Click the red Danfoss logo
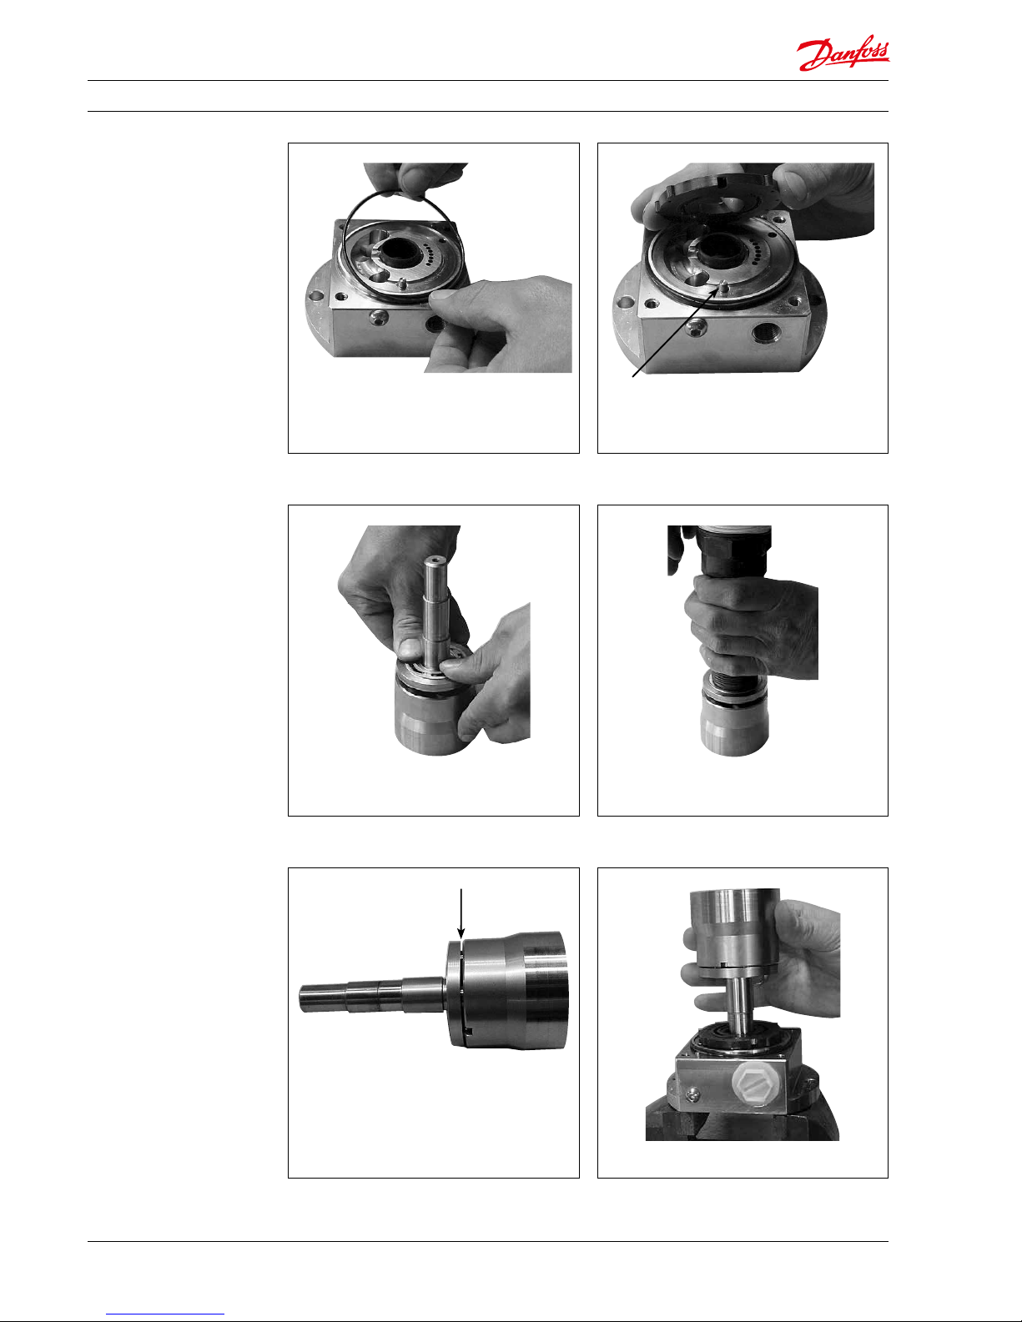[x=843, y=53]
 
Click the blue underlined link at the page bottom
[x=165, y=1314]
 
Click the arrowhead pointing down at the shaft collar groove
[x=461, y=932]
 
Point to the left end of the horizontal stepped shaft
[x=300, y=998]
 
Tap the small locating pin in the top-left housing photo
[x=401, y=284]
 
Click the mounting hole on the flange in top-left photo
[x=315, y=297]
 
